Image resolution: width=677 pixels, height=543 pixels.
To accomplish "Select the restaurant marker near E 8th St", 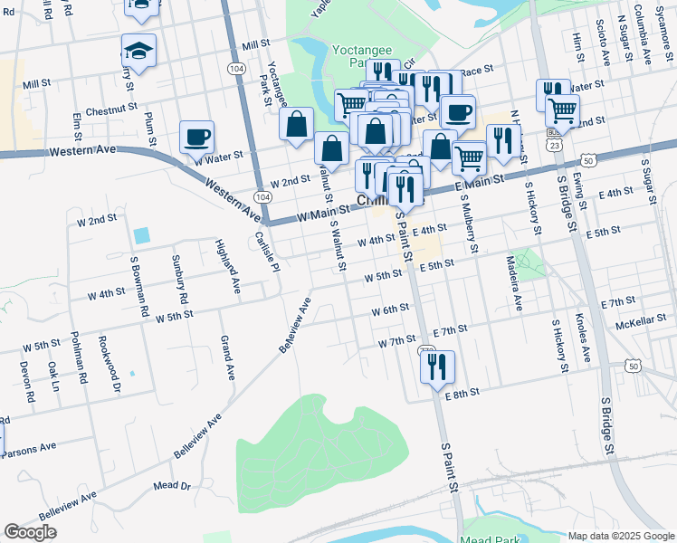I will tap(437, 367).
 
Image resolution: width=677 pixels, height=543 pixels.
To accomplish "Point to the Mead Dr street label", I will tap(173, 486).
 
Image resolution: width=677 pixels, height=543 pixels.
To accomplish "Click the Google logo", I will tap(31, 532).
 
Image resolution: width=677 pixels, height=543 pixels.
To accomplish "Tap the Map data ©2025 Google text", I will tap(620, 536).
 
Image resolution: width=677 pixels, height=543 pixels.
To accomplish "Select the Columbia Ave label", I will tap(642, 33).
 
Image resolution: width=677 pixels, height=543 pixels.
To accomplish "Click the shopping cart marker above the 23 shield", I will tap(563, 111).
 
